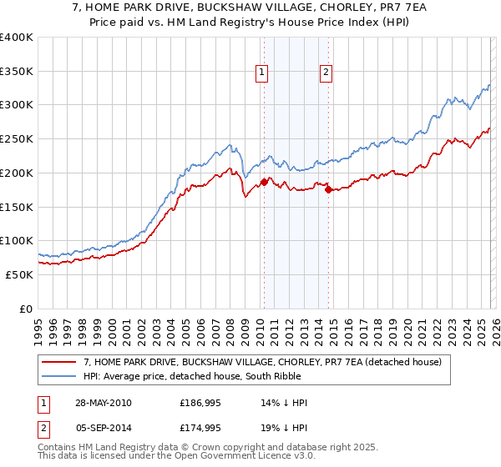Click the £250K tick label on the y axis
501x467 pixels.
coord(17,139)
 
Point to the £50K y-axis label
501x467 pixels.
coord(19,274)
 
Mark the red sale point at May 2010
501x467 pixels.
coord(264,181)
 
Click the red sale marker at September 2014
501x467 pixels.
coord(327,189)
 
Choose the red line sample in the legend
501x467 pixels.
coord(59,363)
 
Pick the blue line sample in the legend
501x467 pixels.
coord(59,376)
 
